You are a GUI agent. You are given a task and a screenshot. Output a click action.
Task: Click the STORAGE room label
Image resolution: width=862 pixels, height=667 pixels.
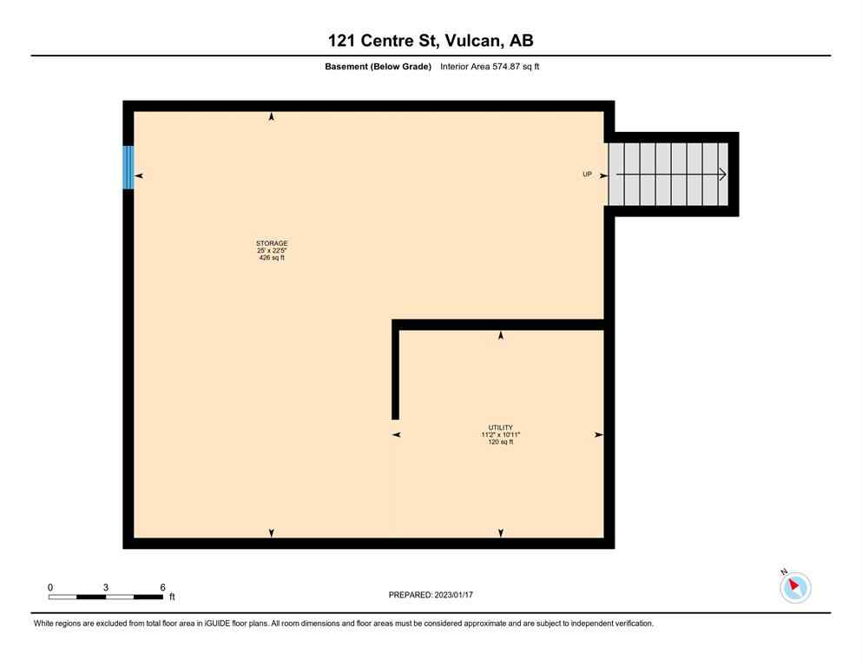[271, 243]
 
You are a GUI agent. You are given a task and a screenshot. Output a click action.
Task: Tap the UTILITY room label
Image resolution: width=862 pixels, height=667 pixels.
[500, 427]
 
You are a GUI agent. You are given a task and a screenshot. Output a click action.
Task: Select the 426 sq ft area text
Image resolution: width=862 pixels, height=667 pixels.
[271, 258]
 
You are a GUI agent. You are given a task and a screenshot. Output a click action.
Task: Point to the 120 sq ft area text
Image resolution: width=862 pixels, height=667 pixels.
[500, 442]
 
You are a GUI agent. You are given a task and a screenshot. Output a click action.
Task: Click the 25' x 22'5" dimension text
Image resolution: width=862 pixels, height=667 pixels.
[271, 251]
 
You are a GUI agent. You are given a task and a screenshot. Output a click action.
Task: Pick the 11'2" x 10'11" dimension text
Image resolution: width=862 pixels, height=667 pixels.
[500, 434]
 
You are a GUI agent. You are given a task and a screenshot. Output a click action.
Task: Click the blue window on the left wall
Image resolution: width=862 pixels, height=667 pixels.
[128, 167]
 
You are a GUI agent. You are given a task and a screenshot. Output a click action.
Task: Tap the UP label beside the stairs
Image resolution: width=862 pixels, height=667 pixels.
[587, 175]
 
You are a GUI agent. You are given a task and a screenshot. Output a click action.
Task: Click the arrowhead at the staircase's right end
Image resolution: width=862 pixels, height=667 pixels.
[722, 175]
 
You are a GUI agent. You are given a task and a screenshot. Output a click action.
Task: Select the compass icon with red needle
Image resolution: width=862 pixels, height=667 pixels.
[794, 587]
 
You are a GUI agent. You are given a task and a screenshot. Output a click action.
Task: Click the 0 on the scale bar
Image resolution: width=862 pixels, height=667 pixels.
[50, 587]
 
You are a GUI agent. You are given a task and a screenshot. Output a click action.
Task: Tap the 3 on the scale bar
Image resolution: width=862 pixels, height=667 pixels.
[106, 587]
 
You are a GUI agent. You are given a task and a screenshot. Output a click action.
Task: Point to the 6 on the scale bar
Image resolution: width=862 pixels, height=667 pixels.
[162, 587]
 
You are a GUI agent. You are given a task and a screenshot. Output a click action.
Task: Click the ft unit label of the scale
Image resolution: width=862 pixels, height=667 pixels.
[172, 598]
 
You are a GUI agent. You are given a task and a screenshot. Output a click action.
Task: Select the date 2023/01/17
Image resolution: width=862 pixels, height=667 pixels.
[453, 595]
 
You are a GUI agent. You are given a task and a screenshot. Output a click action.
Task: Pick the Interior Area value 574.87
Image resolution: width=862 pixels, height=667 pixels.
[503, 66]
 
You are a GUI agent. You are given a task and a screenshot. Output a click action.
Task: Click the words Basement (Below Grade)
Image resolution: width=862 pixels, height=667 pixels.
[378, 66]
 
